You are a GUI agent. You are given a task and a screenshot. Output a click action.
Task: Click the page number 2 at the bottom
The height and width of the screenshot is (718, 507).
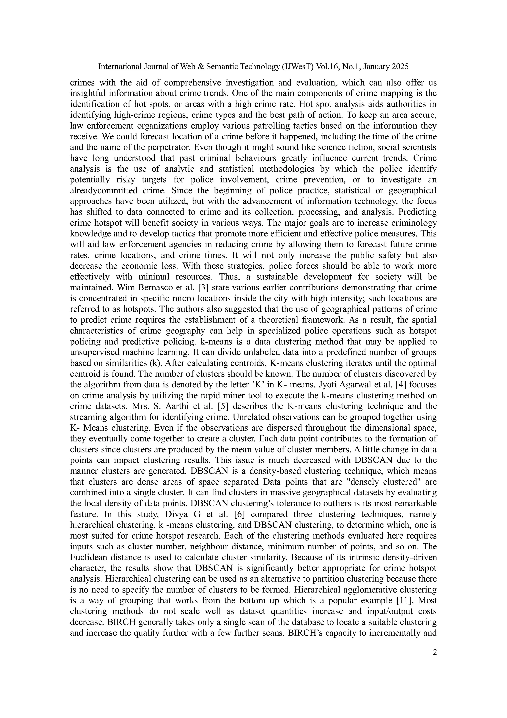point(434,652)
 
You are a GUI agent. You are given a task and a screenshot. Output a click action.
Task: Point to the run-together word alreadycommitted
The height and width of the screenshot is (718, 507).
point(104,190)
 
